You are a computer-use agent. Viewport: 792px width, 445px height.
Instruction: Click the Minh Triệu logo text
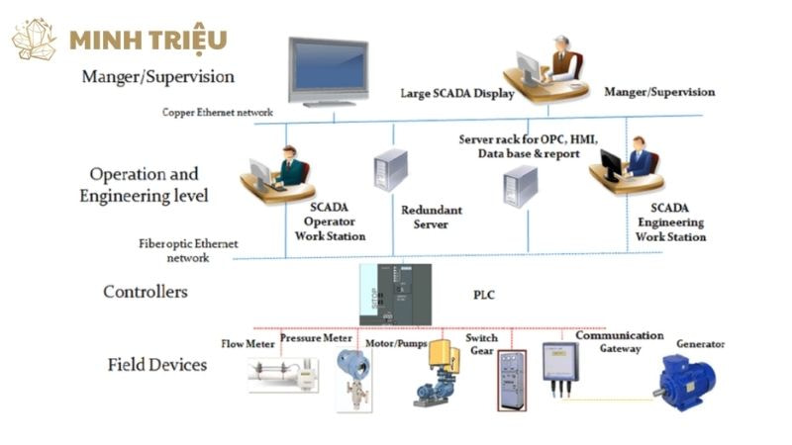(148, 40)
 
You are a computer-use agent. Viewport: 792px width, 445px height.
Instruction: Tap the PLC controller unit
(395, 294)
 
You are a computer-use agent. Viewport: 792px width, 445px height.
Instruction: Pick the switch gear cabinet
(511, 380)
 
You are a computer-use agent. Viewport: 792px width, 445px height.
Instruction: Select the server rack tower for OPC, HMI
(520, 185)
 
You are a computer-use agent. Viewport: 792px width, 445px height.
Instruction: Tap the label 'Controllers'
(146, 292)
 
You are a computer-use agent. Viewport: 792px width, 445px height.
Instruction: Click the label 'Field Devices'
(157, 365)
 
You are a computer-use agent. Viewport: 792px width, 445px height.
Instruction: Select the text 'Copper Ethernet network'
(217, 113)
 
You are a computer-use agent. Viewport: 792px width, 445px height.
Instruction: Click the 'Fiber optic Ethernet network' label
(188, 250)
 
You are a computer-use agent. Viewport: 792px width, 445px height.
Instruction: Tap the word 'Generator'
(700, 344)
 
